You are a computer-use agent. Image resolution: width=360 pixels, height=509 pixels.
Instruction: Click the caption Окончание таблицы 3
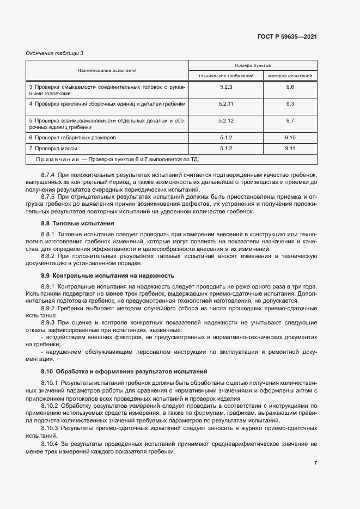tap(54, 53)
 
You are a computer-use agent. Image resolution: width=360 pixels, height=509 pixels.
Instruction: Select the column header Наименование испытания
tap(107, 70)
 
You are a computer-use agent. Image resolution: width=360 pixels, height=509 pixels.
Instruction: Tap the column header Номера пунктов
tap(253, 65)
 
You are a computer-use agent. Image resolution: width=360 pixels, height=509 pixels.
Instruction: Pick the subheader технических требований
tap(225, 76)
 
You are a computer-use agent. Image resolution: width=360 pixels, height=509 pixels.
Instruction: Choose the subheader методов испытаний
tap(290, 76)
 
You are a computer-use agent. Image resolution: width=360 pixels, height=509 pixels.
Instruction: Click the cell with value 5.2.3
tap(225, 87)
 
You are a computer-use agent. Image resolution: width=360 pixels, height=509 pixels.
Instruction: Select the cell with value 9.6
tap(290, 87)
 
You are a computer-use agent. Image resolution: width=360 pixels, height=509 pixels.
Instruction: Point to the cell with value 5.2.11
tap(225, 103)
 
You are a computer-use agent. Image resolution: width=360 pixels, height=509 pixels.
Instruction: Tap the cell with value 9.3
tap(290, 103)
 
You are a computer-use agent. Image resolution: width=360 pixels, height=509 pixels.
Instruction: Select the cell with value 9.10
tap(290, 138)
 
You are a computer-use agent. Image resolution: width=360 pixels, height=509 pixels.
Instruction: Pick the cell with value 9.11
tap(290, 148)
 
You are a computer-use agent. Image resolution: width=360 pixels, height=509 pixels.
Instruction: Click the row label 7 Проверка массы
tap(53, 148)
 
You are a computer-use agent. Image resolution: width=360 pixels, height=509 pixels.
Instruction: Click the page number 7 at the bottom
tap(315, 463)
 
